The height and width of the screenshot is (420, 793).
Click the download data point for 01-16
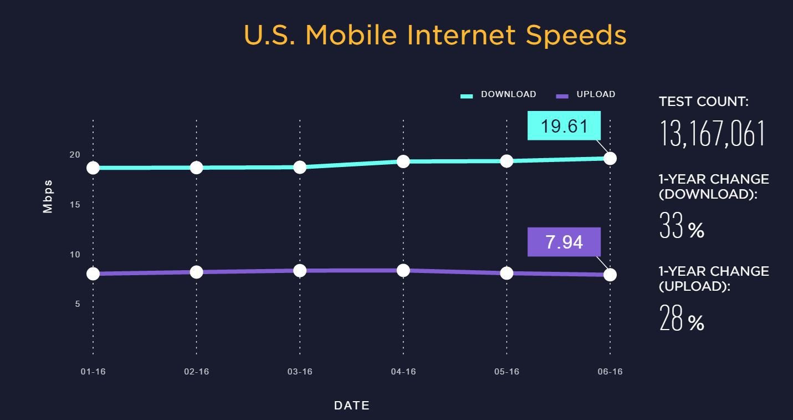pyautogui.click(x=93, y=168)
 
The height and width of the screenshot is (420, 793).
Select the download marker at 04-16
pyautogui.click(x=403, y=161)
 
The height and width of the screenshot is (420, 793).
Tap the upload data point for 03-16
pyautogui.click(x=300, y=270)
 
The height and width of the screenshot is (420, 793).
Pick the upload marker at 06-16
pyautogui.click(x=610, y=275)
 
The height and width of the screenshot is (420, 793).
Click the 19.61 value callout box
pyautogui.click(x=564, y=126)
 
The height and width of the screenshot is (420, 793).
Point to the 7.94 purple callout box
pyautogui.click(x=564, y=242)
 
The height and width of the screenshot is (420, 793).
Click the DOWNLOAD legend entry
pyautogui.click(x=499, y=95)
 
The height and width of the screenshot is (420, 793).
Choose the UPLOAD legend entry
pyautogui.click(x=586, y=95)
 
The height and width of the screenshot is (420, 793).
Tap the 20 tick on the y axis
pyautogui.click(x=75, y=155)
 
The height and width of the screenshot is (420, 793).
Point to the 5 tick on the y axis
pyautogui.click(x=78, y=304)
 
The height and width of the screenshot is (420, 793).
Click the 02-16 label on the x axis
pyautogui.click(x=197, y=372)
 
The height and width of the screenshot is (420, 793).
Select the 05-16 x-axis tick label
pyautogui.click(x=507, y=372)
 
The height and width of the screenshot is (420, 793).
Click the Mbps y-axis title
pyautogui.click(x=48, y=196)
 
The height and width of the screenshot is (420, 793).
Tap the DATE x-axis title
pyautogui.click(x=352, y=406)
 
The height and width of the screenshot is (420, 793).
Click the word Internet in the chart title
pyautogui.click(x=461, y=35)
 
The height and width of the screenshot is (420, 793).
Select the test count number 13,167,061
pyautogui.click(x=712, y=134)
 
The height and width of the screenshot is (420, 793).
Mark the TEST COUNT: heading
pyautogui.click(x=703, y=102)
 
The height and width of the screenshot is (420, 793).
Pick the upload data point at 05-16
pyautogui.click(x=507, y=273)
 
